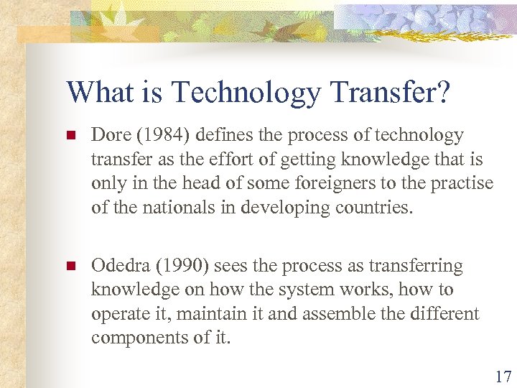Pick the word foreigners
coord(313,183)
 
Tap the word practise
coord(463,183)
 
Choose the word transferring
coord(416,266)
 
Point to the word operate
coord(118,314)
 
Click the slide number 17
coord(503,375)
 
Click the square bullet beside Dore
coord(70,136)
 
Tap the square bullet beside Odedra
coord(70,267)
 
